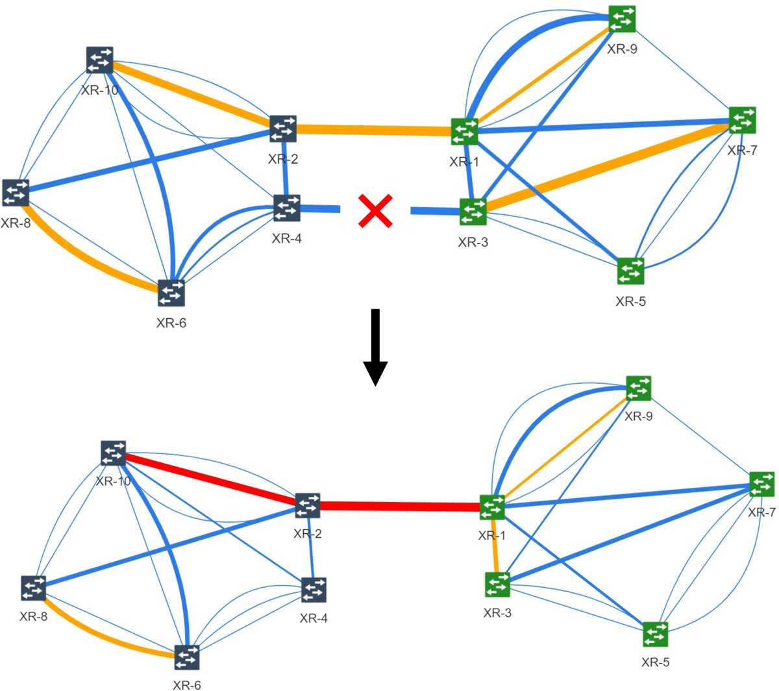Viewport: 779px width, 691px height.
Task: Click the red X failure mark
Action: (x=375, y=211)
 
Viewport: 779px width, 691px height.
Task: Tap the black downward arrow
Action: (x=375, y=347)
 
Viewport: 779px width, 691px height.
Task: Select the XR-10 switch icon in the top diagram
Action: (x=99, y=60)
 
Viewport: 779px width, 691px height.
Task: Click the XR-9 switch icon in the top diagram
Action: (x=622, y=19)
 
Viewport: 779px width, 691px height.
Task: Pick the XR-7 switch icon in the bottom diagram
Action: (x=761, y=484)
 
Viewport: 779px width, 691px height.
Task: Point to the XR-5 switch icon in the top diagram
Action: (x=630, y=271)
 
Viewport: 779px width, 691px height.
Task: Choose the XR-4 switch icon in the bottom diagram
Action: (x=314, y=590)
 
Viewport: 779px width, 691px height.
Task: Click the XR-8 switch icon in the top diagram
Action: (x=16, y=193)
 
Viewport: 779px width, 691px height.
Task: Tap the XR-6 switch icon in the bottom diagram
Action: (x=187, y=657)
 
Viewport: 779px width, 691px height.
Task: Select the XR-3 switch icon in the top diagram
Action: (x=473, y=212)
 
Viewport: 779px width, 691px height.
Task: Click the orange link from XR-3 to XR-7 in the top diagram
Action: (x=607, y=166)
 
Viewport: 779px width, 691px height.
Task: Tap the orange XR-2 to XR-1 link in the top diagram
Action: (x=373, y=131)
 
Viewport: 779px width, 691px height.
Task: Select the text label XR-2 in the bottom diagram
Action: (x=308, y=534)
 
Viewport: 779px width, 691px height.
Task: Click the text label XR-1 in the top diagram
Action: (x=464, y=162)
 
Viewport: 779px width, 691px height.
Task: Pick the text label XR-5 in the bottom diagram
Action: (x=656, y=662)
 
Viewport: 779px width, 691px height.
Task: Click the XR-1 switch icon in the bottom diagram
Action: (x=492, y=507)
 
